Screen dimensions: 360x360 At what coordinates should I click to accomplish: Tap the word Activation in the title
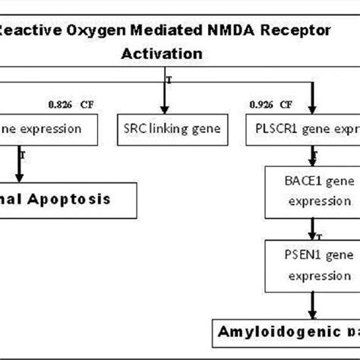[162, 54]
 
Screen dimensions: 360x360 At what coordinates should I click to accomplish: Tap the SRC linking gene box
[163, 129]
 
